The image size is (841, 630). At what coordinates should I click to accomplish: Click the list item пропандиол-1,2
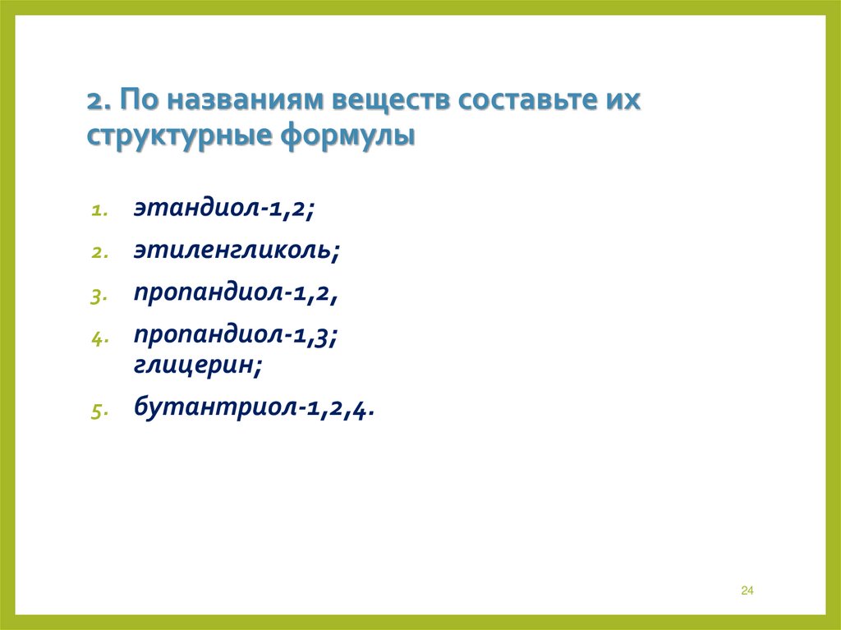pos(237,293)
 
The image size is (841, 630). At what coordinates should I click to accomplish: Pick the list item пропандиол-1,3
pos(237,335)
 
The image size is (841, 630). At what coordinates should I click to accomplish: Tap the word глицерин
pos(199,366)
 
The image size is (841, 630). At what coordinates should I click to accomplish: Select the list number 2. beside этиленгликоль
pos(97,253)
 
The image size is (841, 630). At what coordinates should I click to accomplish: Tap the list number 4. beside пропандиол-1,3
pos(97,338)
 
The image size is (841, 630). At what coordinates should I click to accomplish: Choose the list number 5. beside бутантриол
pos(97,411)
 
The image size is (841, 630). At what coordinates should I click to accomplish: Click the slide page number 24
pos(747,591)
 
